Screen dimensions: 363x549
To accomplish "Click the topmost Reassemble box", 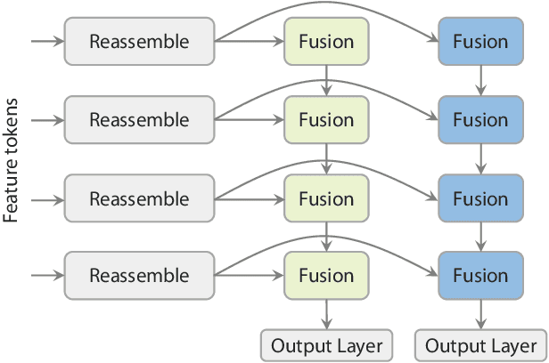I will tap(139, 41).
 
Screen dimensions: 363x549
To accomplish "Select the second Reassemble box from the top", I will tap(139, 119).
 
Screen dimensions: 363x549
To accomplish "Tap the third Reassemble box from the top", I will tap(139, 198).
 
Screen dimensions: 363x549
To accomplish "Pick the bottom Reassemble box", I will tap(139, 276).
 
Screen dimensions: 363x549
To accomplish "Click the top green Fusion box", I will tap(326, 41).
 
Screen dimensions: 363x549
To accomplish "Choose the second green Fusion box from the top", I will tap(326, 119).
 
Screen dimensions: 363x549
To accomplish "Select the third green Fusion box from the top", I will tap(326, 198).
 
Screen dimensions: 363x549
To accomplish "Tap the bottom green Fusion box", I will tap(326, 276).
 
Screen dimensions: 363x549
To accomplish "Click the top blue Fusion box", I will tap(481, 41).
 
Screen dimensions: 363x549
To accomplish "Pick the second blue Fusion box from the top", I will tap(481, 119).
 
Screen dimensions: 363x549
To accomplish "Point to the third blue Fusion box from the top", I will tap(481, 198).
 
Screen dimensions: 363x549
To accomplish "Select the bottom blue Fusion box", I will tap(481, 276).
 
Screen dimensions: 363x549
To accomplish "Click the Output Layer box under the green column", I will tap(326, 345).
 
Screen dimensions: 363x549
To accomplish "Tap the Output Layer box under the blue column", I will tap(481, 345).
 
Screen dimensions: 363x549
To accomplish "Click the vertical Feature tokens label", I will tap(12, 159).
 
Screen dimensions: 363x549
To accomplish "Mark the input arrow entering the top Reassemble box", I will tap(46, 41).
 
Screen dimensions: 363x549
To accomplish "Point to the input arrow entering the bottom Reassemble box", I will tap(46, 276).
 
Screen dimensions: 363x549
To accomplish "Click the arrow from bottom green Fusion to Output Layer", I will tap(326, 313).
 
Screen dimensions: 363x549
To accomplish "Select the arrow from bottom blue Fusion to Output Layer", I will tap(481, 313).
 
